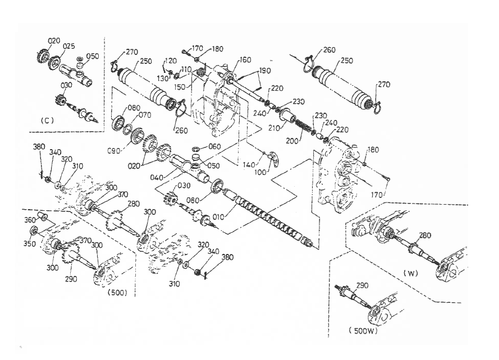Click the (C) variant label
point(47,121)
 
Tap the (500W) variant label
point(363,331)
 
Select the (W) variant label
point(410,273)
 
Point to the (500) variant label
point(117,292)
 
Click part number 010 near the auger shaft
point(218,217)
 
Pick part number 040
point(157,177)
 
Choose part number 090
point(113,151)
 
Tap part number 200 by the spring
point(292,140)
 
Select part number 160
point(245,60)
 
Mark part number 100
point(260,173)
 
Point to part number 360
point(30,220)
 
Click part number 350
point(30,244)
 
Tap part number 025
point(68,46)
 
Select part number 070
point(145,115)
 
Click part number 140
point(249,165)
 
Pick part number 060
point(214,146)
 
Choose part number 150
point(180,87)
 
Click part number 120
point(171,61)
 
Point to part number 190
point(264,70)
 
